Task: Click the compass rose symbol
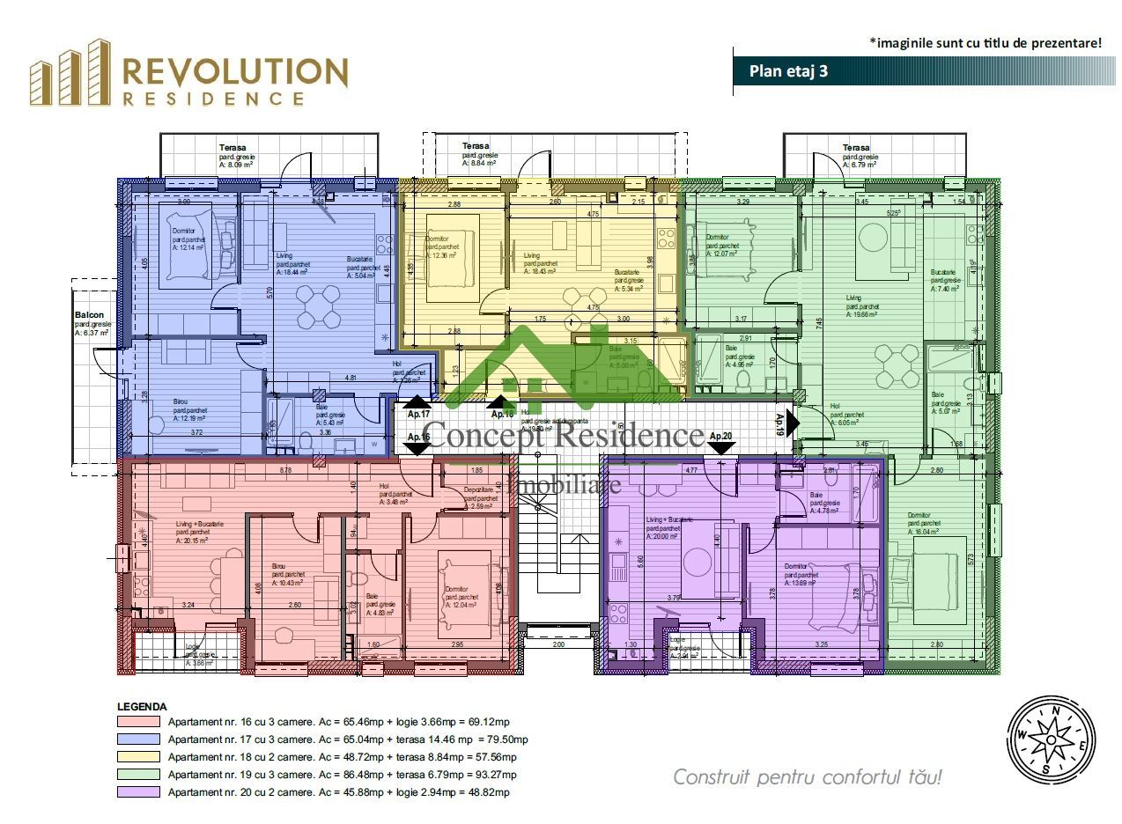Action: coord(1051,741)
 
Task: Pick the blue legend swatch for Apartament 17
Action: coord(138,739)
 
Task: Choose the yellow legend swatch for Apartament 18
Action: coord(138,757)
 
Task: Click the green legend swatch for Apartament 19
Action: coord(138,775)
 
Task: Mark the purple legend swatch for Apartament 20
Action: coord(138,792)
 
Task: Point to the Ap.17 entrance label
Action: coord(418,414)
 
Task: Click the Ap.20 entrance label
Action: coord(720,436)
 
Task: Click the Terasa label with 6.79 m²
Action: coord(859,156)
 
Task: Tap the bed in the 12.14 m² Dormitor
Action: coord(186,246)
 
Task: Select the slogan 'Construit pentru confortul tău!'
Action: coord(807,777)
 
